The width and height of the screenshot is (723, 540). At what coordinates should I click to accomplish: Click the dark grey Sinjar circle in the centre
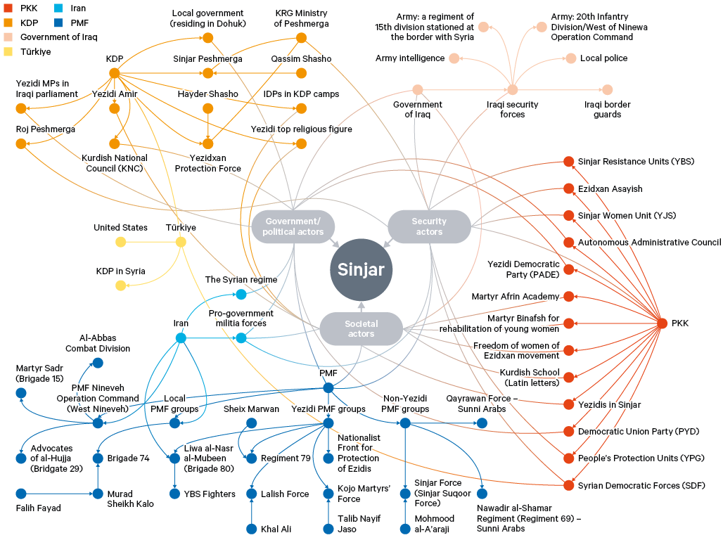[361, 270]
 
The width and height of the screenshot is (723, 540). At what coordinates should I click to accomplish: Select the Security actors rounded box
[429, 227]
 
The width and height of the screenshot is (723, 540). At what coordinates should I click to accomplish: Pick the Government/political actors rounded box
[294, 227]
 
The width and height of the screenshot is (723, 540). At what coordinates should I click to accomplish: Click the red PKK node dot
[661, 323]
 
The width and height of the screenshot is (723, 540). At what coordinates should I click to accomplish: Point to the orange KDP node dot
[115, 72]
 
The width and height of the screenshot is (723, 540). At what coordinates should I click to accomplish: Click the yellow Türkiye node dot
[181, 242]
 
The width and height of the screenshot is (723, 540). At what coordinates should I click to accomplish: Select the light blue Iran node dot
[181, 338]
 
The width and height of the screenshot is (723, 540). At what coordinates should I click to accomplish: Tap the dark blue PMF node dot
[328, 387]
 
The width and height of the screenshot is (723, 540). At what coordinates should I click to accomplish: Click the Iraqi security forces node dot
[513, 90]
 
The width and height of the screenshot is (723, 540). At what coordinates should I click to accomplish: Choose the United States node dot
[120, 242]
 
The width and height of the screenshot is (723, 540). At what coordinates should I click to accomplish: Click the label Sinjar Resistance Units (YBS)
[636, 162]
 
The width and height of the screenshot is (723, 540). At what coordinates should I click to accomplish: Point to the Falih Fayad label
[39, 508]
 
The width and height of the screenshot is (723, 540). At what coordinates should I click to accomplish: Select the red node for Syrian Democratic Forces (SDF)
[568, 485]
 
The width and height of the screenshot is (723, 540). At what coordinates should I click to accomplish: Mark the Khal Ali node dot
[251, 529]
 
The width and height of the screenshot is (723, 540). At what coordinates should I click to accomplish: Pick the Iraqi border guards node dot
[607, 90]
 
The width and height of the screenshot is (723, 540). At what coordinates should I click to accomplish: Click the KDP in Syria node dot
[120, 285]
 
